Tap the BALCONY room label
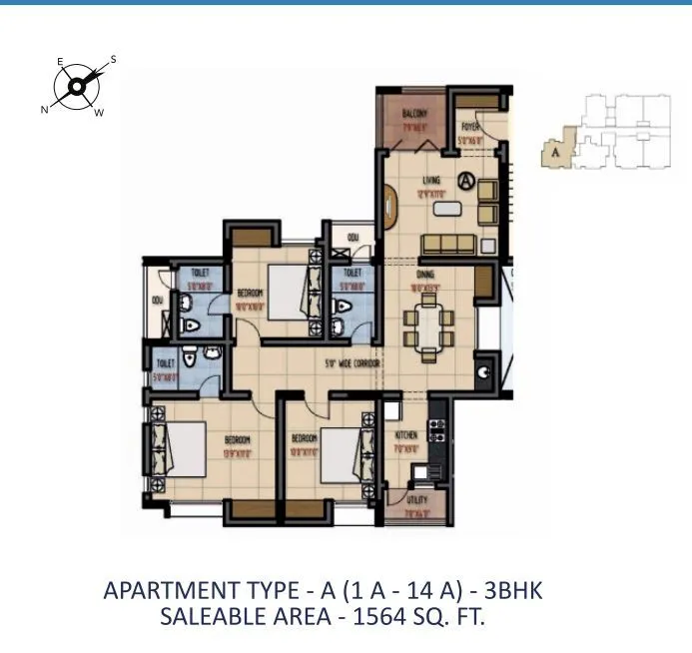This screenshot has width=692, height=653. point(415,115)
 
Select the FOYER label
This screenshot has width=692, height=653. point(471,127)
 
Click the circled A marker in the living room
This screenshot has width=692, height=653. point(466,182)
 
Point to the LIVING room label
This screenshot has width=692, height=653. point(431,181)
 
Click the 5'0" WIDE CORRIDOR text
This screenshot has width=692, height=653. point(351,364)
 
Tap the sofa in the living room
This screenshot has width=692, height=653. point(446,245)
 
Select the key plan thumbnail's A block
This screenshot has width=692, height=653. point(551,153)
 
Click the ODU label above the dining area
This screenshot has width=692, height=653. point(353,237)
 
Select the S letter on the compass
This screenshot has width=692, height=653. point(113,59)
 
